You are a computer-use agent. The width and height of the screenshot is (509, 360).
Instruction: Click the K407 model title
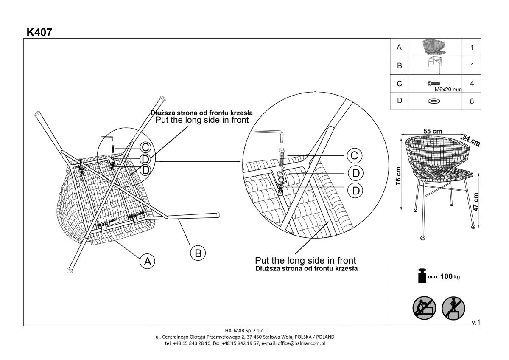pos(39,32)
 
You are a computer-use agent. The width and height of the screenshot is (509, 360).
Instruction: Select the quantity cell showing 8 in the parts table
pos(472,102)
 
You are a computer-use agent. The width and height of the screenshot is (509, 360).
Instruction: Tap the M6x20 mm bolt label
pos(448,90)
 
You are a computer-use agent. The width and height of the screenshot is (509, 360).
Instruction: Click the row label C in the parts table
pos(399,84)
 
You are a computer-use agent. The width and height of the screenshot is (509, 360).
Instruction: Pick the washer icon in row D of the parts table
pos(433,101)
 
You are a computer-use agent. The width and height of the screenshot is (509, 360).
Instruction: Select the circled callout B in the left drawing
pos(197,253)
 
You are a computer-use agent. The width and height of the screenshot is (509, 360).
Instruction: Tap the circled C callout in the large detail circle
pos(354,156)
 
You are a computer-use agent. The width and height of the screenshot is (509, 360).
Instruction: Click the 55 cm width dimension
pos(432,132)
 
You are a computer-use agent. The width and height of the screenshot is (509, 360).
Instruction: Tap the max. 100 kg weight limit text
pos(444,277)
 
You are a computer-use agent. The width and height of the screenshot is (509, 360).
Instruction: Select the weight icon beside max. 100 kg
pos(422,276)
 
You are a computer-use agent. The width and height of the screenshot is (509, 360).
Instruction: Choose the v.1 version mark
pos(475,323)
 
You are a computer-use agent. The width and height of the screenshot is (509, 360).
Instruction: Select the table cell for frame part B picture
pos(434,65)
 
